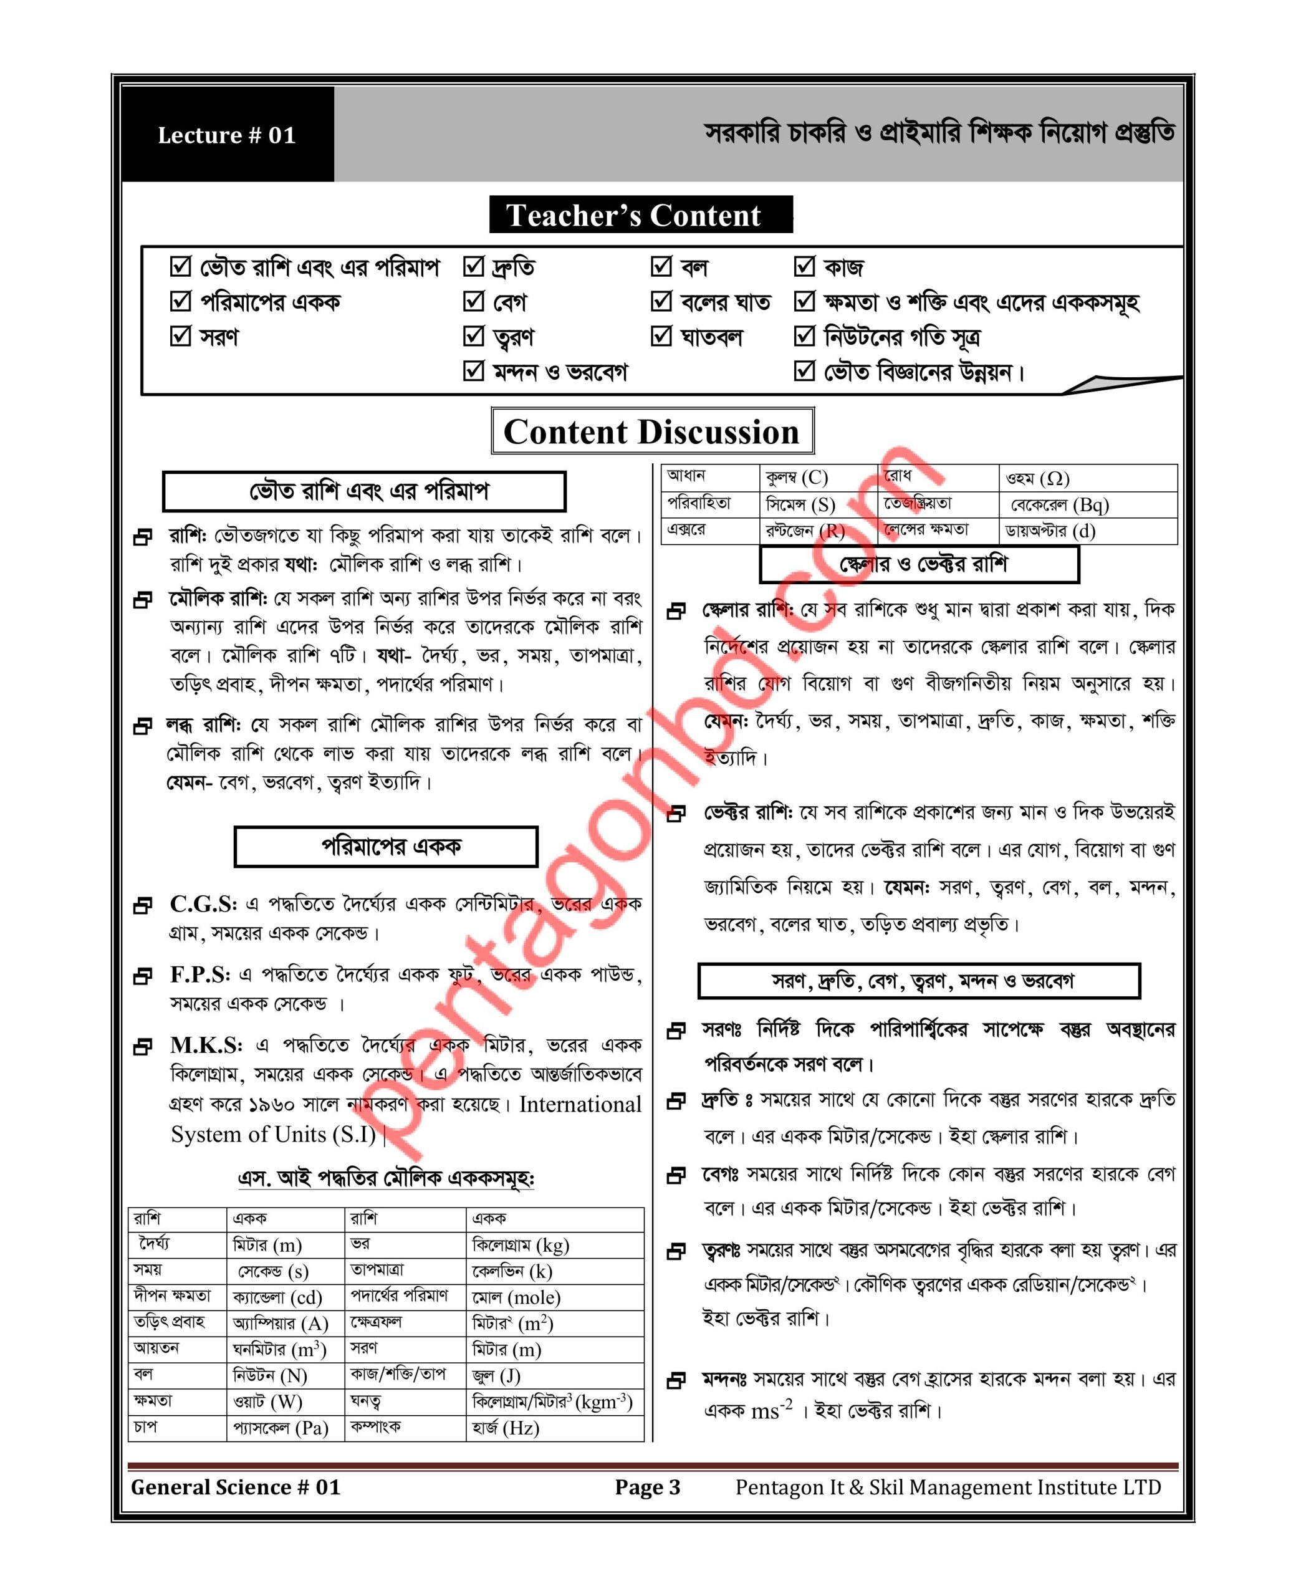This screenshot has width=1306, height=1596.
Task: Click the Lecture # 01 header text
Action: click(226, 135)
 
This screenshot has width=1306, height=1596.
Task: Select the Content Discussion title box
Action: click(651, 432)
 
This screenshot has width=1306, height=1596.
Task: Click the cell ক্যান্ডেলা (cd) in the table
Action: click(277, 1297)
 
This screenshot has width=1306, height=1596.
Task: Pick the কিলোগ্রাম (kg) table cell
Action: click(521, 1246)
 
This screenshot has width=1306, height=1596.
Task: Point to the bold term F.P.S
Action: click(199, 974)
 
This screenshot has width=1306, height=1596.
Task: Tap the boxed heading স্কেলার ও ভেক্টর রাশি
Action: click(919, 564)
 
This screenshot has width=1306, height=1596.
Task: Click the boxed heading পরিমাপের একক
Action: click(386, 847)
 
